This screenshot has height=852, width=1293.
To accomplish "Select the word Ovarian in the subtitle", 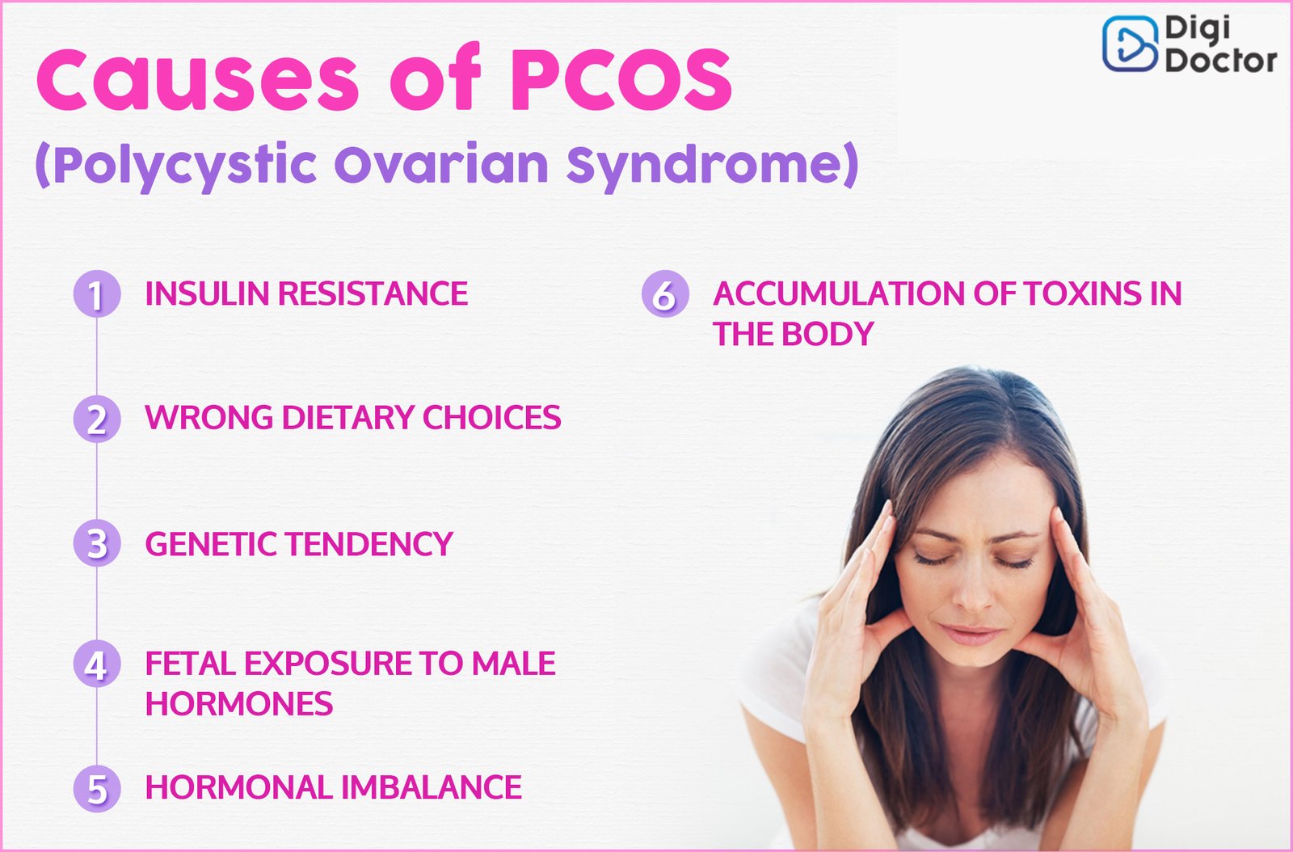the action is tap(441, 165).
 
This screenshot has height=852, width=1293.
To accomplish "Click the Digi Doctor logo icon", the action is tap(1130, 44).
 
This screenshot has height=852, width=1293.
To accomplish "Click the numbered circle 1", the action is tap(97, 293).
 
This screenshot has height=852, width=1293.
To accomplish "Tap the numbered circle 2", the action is tap(97, 419).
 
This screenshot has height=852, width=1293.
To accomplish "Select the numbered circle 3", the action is tap(97, 542).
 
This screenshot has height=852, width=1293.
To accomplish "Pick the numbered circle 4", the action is tap(97, 664).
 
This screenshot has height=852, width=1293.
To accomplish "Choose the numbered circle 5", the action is tap(97, 788).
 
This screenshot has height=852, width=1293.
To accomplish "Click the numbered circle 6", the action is tap(666, 293).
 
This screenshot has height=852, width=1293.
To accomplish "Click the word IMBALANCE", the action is tap(432, 787).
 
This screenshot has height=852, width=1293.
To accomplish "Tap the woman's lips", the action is tap(971, 634).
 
